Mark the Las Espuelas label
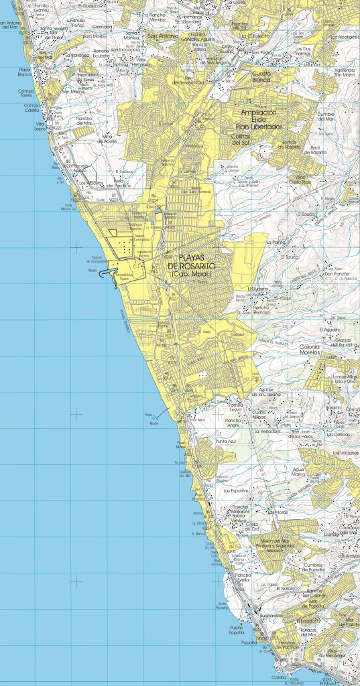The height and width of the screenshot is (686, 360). tap(235, 490)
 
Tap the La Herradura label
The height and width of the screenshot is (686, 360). tap(268, 431)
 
